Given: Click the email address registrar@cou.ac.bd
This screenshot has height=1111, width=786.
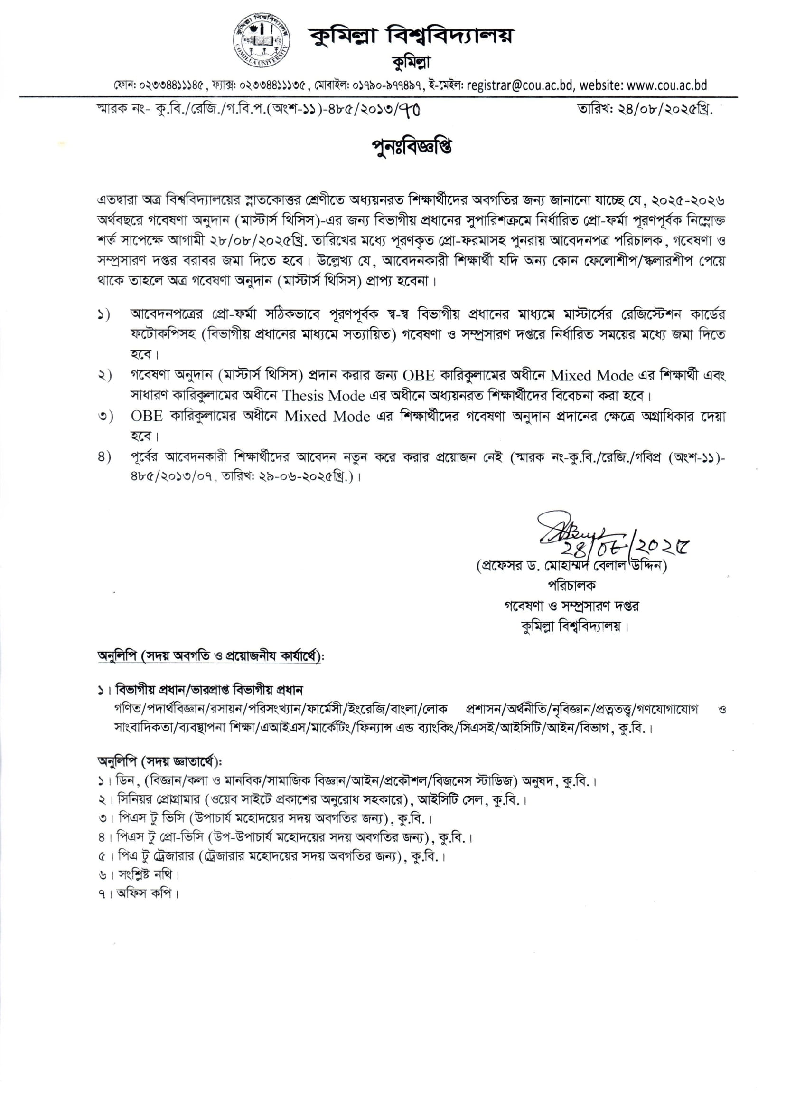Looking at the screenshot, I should click(x=520, y=85).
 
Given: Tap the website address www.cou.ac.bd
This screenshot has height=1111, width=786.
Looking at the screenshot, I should click(x=666, y=85).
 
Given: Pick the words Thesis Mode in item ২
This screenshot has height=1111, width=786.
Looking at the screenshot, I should click(x=323, y=396).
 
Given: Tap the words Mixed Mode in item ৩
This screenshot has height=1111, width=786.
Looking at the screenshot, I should click(x=327, y=417).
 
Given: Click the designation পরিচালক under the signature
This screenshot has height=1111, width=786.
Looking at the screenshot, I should click(x=571, y=586).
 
